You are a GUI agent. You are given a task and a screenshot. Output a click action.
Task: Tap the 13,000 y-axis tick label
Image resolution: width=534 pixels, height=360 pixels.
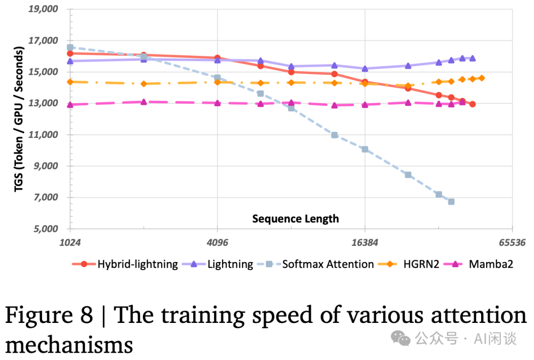(44, 103)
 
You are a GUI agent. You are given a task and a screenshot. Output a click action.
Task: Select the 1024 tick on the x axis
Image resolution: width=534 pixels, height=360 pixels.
(70, 243)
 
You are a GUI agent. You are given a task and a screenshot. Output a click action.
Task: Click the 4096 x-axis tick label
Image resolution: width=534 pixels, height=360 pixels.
(217, 243)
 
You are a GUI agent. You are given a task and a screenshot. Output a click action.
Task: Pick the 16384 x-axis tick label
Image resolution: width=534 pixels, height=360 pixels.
(364, 243)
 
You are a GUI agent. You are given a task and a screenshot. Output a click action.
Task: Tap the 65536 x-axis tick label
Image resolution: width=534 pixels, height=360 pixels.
(512, 243)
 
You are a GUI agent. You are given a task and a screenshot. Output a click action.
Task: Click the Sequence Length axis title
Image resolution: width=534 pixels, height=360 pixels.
(296, 219)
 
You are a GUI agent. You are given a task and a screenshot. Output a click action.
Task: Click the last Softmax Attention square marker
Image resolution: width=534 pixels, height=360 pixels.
(451, 202)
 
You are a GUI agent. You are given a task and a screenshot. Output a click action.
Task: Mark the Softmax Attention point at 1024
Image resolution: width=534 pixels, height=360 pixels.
(70, 47)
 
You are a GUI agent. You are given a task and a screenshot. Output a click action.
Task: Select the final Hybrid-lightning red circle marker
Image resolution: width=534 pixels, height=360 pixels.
(473, 104)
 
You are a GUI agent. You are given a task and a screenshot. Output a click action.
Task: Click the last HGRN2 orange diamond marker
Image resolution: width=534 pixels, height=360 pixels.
(482, 78)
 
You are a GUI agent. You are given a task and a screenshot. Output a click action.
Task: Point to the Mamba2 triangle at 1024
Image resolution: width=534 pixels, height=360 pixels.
(70, 105)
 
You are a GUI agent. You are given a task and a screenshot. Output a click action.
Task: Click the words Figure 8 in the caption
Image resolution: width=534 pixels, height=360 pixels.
(48, 315)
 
